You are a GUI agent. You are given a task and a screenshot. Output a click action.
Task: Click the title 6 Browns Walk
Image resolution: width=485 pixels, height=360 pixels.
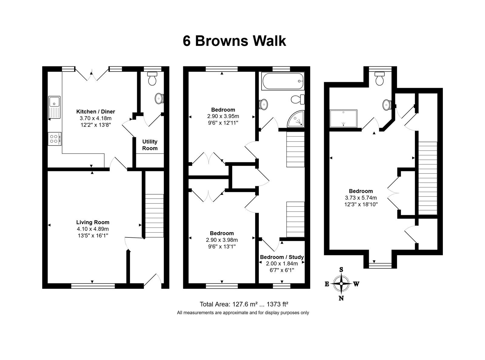click(x=234, y=41)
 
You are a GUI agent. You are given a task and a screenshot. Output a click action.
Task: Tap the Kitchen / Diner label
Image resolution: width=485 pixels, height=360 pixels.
click(x=95, y=112)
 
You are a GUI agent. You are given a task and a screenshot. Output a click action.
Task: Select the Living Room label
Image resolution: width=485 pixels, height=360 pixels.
click(x=93, y=222)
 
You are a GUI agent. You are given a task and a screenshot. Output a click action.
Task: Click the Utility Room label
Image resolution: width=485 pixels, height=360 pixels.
click(x=150, y=145)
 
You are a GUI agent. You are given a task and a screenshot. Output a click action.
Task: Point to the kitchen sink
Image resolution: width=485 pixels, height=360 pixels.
click(x=54, y=107)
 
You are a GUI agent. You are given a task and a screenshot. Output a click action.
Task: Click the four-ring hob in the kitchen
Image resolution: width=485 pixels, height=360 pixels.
click(x=55, y=139)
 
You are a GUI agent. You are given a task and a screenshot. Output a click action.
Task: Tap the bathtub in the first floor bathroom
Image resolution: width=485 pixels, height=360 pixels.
click(x=283, y=81)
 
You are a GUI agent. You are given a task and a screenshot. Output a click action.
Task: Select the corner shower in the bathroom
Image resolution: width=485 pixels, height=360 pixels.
click(x=296, y=119)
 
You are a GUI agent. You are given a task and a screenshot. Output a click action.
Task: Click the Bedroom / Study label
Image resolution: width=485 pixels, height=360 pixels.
click(x=282, y=257)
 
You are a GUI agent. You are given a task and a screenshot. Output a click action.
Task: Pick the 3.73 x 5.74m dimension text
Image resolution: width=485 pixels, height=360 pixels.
click(x=361, y=198)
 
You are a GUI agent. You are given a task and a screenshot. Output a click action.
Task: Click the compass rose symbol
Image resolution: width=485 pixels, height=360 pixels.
click(x=341, y=284)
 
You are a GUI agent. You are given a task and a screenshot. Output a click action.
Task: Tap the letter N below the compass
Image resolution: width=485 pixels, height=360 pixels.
click(x=341, y=298)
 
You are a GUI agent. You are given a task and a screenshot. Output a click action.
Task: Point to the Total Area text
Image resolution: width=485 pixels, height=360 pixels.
click(x=244, y=304)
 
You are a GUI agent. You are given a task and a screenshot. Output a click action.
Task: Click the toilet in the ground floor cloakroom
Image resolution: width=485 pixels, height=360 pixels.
click(x=152, y=79)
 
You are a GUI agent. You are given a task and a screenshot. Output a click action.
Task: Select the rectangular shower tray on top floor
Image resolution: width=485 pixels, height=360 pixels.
click(x=343, y=118)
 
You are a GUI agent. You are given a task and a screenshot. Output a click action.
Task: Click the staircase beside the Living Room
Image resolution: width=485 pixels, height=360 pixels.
click(x=154, y=216)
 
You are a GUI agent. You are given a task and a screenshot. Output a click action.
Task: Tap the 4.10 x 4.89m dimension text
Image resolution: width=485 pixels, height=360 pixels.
click(x=93, y=229)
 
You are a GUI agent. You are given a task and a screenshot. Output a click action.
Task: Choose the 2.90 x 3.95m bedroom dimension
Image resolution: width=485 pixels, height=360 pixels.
click(x=223, y=116)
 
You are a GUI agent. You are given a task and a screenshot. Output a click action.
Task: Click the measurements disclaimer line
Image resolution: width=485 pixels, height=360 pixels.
click(x=243, y=313)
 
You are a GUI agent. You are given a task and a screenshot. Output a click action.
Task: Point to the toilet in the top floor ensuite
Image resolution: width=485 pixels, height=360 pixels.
click(x=380, y=79)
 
